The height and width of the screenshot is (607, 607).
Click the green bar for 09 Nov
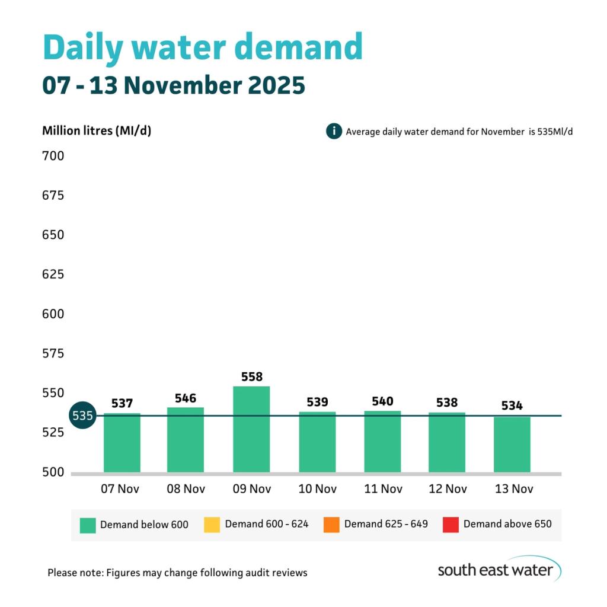point(251,429)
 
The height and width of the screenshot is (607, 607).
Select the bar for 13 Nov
point(512,445)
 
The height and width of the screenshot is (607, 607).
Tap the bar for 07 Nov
point(122,443)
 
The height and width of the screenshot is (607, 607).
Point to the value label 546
point(186,398)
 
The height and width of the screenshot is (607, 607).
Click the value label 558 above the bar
point(251,377)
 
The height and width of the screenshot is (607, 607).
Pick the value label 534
point(512,406)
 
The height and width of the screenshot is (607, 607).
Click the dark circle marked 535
point(82,416)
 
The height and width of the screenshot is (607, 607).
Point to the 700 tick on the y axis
point(53,156)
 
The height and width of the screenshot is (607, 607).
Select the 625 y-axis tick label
point(53,274)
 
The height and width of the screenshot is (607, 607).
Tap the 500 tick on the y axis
point(53,472)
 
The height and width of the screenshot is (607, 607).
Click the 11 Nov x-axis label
point(382,489)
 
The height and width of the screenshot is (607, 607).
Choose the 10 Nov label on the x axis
point(317,489)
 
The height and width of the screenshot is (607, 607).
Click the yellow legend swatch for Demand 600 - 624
point(212,525)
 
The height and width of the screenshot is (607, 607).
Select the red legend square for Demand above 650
point(451,525)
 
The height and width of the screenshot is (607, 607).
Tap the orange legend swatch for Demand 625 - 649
point(331,525)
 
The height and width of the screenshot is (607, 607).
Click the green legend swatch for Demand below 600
point(88,525)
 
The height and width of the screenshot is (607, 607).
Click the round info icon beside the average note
point(334,131)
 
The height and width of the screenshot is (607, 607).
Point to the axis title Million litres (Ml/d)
point(97,131)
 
